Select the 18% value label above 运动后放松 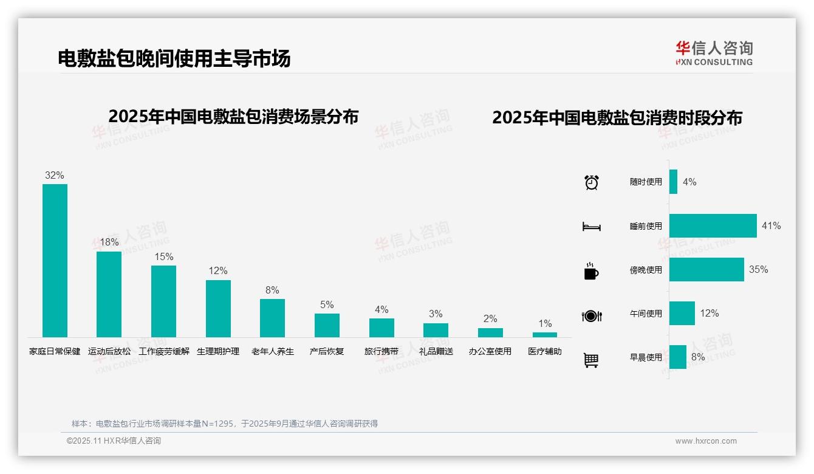(109, 242)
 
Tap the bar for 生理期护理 (218, 308)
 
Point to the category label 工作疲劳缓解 (164, 351)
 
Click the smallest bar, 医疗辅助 (545, 335)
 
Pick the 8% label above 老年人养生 (272, 290)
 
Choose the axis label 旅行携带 (381, 351)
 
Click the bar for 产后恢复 (327, 325)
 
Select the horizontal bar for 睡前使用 (713, 225)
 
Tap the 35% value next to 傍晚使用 (759, 269)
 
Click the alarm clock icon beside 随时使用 (592, 182)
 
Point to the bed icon (592, 226)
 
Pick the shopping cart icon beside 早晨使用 (591, 360)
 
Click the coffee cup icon (591, 271)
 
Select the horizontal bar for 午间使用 (682, 313)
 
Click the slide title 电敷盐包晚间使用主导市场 (174, 58)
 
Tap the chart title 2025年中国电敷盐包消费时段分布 (617, 118)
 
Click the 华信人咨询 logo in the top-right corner (714, 53)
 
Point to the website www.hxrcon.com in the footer (706, 441)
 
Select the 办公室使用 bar (490, 332)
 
